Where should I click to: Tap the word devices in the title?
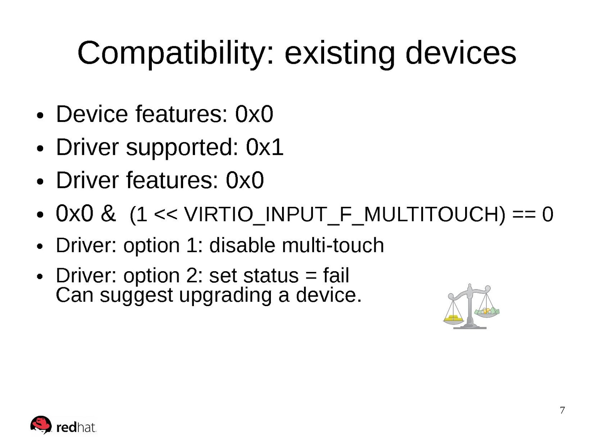click(461, 52)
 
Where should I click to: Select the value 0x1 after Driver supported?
click(265, 147)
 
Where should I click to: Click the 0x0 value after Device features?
click(254, 114)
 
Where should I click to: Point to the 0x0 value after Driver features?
click(245, 180)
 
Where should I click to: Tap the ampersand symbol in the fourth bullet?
click(108, 213)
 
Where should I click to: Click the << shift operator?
click(165, 214)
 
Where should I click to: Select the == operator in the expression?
click(524, 214)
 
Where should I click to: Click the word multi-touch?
click(333, 245)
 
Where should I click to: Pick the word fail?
click(336, 275)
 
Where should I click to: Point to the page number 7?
click(562, 411)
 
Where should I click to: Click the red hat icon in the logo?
click(41, 424)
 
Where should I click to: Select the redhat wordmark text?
click(76, 428)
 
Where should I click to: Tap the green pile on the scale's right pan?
click(487, 312)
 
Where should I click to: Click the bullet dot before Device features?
click(40, 115)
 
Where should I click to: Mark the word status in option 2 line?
click(271, 276)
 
